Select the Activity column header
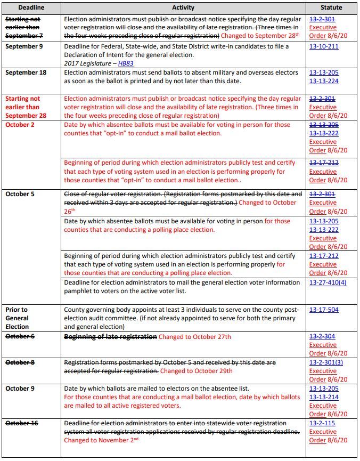183,7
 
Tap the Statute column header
331,7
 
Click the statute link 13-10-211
324,47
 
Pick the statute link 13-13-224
324,81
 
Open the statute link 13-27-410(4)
328,282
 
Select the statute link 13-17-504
324,310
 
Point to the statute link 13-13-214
324,397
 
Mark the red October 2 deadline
20,125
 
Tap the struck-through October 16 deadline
22,423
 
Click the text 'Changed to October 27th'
195,337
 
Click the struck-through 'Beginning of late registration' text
111,337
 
